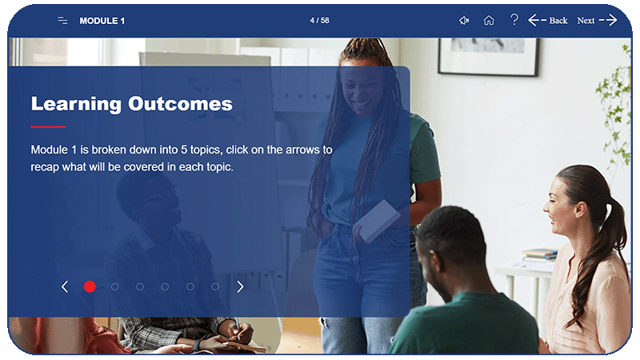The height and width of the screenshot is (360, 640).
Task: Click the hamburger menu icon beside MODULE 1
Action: click(62, 21)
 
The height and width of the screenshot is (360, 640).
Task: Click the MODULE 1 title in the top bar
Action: click(102, 21)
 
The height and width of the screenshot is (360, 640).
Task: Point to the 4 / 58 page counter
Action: click(319, 21)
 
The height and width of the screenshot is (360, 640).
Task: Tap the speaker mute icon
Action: click(464, 21)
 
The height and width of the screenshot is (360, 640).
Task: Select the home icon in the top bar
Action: click(489, 21)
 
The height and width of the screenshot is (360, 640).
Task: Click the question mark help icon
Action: click(514, 20)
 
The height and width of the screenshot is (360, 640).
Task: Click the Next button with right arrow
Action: click(597, 21)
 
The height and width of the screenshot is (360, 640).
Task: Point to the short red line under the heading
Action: click(48, 126)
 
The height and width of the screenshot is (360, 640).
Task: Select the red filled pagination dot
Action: click(90, 286)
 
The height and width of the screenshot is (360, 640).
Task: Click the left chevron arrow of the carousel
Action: click(65, 286)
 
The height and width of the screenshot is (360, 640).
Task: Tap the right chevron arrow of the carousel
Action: click(240, 286)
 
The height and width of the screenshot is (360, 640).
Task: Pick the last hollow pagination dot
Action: click(215, 286)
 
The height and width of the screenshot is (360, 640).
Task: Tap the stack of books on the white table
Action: click(540, 255)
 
